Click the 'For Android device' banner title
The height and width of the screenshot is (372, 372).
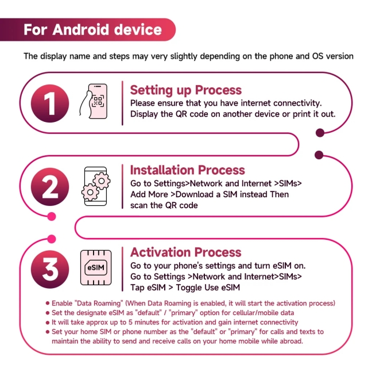[92, 30]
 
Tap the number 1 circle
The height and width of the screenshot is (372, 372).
[50, 103]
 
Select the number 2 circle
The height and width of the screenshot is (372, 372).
[50, 187]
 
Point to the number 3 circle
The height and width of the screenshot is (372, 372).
[50, 269]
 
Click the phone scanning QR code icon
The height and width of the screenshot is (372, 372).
[94, 101]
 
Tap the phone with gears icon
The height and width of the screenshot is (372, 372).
[96, 186]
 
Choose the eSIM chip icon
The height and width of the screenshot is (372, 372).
[96, 268]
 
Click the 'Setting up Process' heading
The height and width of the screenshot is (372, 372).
[186, 90]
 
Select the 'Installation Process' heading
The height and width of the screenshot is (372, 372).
[187, 170]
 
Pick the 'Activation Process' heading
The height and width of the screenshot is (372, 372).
[186, 252]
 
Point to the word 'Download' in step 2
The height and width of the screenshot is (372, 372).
[195, 194]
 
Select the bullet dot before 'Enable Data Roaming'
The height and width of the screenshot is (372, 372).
[48, 303]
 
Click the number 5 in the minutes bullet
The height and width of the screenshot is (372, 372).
[130, 323]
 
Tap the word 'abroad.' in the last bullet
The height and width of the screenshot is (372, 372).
[291, 342]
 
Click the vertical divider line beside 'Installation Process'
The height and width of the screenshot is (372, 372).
[122, 186]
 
